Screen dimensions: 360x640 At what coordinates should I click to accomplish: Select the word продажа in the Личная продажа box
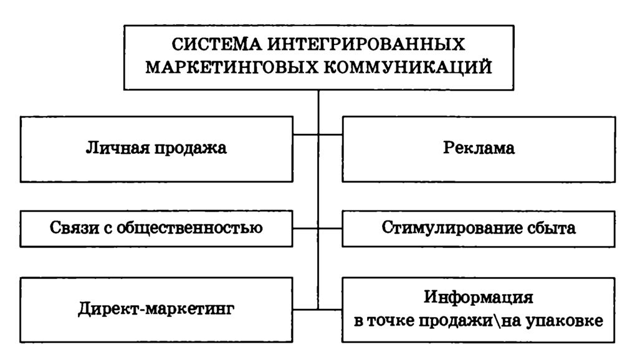point(191,149)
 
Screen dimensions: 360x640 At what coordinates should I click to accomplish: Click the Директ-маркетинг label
point(156,309)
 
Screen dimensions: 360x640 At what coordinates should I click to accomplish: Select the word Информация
point(479,296)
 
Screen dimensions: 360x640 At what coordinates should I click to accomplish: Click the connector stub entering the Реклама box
point(331,133)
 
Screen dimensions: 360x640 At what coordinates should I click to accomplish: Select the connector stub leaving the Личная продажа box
point(305,133)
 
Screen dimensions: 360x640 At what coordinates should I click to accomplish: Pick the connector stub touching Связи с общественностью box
point(305,228)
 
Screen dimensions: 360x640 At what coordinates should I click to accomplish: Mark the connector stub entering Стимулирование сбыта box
point(331,228)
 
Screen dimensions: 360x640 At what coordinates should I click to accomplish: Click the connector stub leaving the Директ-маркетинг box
point(305,309)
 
